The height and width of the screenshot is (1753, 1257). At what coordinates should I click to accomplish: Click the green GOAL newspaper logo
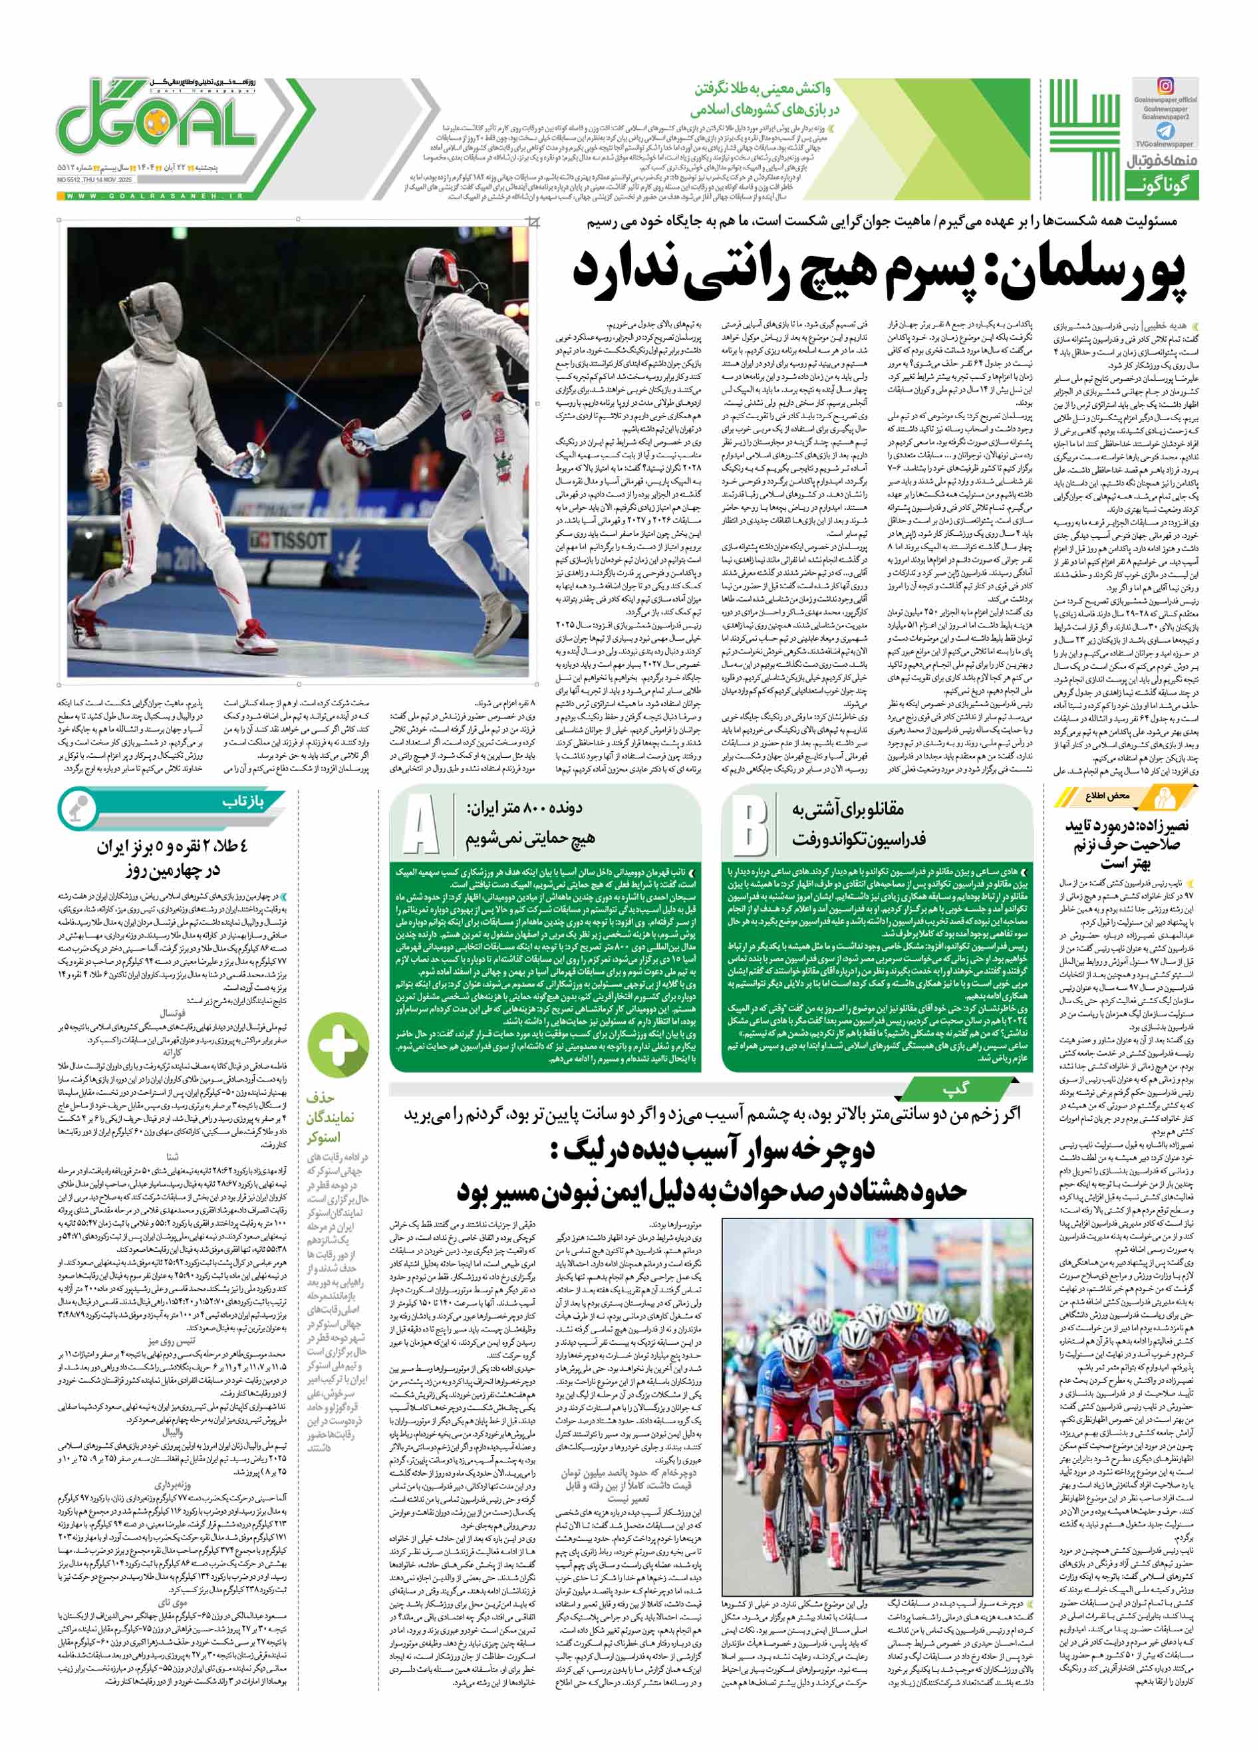click(x=158, y=124)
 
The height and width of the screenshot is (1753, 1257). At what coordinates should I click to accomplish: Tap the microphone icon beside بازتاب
click(x=75, y=807)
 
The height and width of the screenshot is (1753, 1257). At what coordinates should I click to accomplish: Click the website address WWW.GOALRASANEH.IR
click(x=154, y=196)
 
